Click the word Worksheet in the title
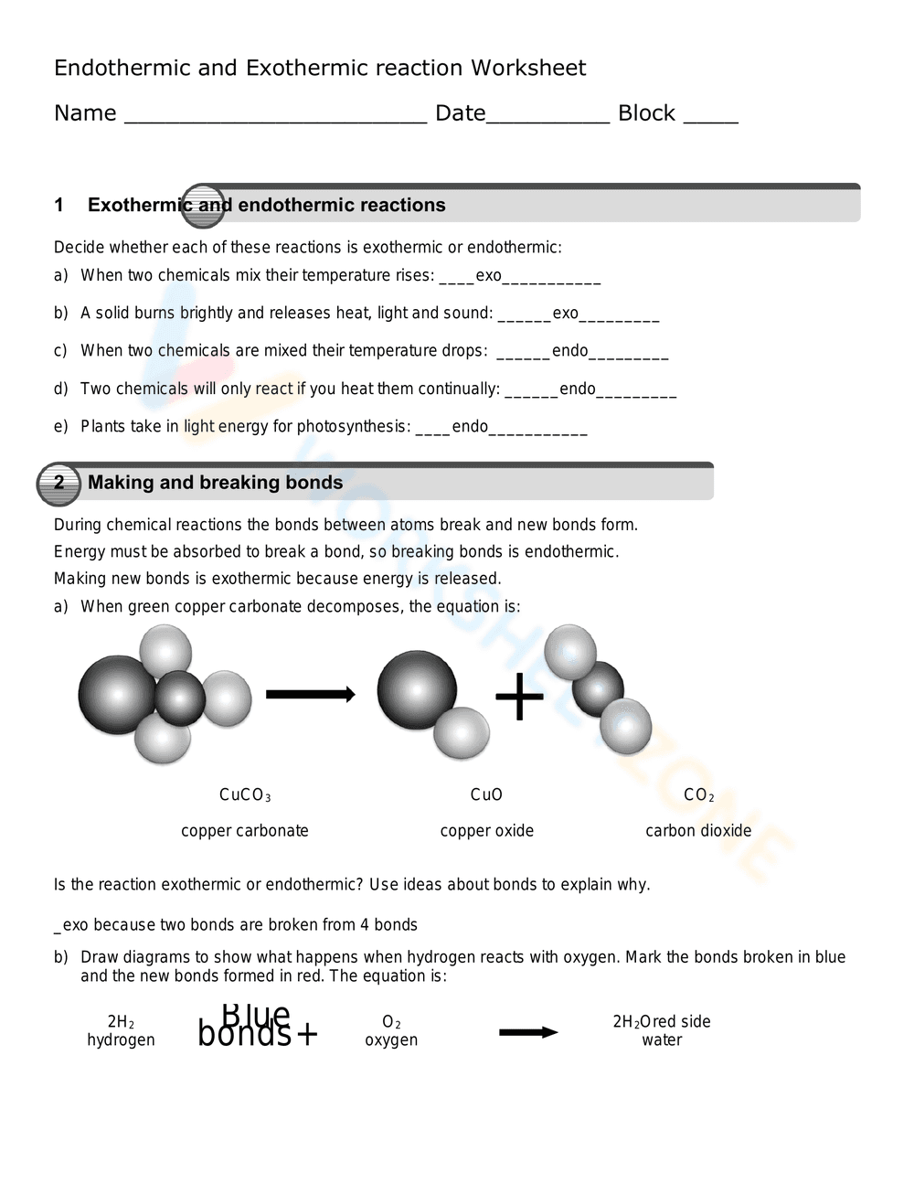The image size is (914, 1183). [528, 69]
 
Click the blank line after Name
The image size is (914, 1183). [274, 119]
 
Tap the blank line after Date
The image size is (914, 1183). [547, 119]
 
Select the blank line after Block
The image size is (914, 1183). [710, 119]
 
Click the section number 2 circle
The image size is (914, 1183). [58, 484]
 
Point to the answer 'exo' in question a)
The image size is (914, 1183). [488, 276]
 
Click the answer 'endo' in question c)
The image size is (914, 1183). [569, 351]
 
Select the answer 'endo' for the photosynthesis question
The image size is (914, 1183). [470, 427]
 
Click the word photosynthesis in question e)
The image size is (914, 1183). [354, 427]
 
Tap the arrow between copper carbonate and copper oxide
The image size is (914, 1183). [310, 695]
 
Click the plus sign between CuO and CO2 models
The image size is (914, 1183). [519, 697]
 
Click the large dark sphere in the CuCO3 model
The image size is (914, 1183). [117, 695]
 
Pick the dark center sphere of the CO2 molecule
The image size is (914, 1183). [598, 688]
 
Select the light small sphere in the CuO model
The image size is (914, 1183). [462, 733]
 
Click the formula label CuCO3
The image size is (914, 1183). [245, 795]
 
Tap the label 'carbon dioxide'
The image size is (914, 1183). [698, 831]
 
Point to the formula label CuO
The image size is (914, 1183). [486, 795]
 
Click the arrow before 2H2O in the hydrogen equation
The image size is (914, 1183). [528, 1032]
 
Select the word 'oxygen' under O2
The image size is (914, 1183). [391, 1040]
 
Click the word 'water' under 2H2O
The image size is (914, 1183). [662, 1040]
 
